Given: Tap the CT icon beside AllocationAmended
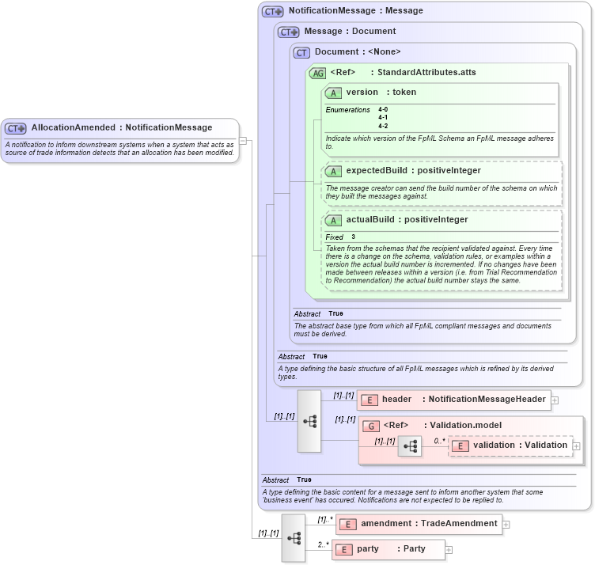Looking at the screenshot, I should pyautogui.click(x=16, y=128).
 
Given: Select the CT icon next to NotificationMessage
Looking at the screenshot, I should pyautogui.click(x=273, y=12).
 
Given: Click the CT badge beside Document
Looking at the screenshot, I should pyautogui.click(x=301, y=52).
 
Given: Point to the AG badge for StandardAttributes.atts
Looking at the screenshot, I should pyautogui.click(x=317, y=73).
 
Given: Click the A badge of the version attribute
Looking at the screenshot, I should pyautogui.click(x=333, y=93).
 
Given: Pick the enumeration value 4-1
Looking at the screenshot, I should pyautogui.click(x=383, y=117).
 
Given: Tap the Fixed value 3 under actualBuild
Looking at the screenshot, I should pyautogui.click(x=354, y=237).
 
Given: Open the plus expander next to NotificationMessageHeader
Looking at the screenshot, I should pyautogui.click(x=555, y=400).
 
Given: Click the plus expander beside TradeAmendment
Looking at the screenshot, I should pyautogui.click(x=506, y=524).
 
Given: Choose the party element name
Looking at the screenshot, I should pyautogui.click(x=368, y=549).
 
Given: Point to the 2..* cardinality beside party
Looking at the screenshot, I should pyautogui.click(x=323, y=544).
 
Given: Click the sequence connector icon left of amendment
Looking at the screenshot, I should pyautogui.click(x=294, y=537).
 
